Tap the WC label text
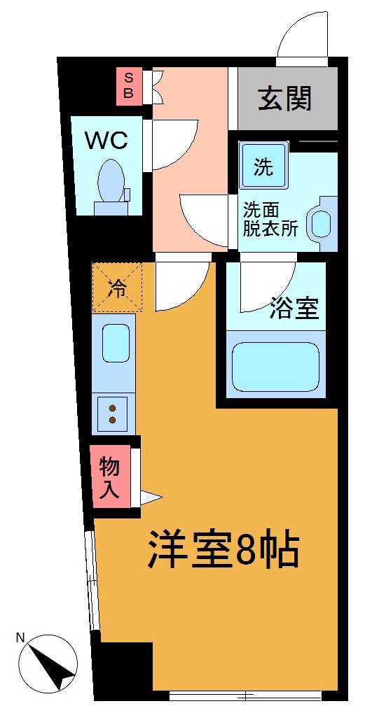tap(106, 141)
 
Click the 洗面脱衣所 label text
tap(270, 218)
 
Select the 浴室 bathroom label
tap(295, 308)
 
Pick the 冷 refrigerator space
tap(117, 287)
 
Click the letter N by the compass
tap(21, 637)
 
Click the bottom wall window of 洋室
tap(245, 695)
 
